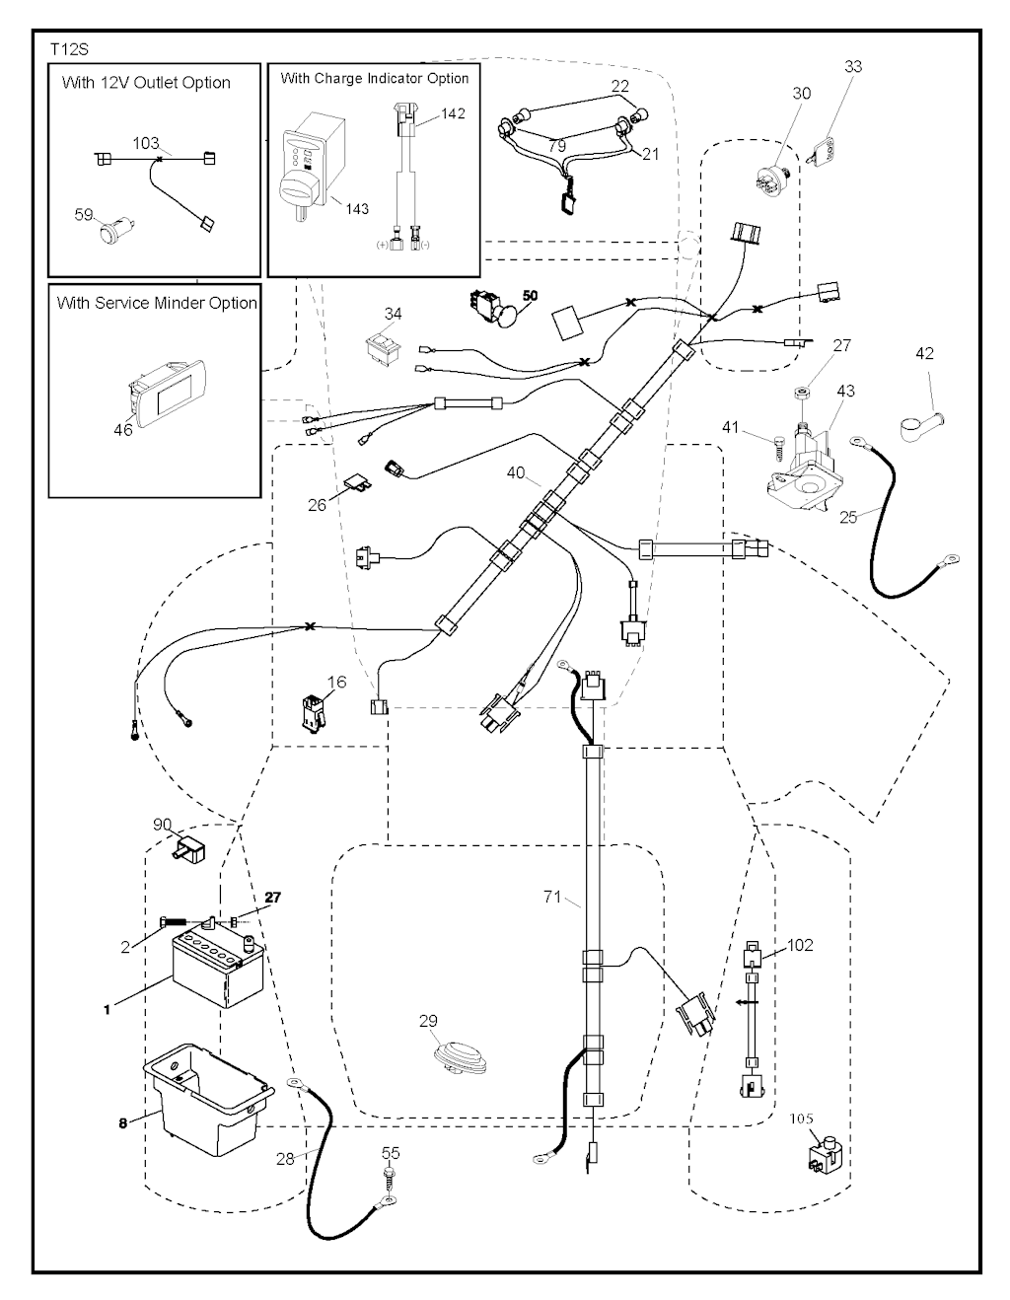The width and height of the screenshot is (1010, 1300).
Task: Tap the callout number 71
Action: pos(552,898)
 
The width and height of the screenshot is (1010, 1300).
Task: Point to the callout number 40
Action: pos(516,472)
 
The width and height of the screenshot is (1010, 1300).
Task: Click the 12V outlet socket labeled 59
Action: pos(111,234)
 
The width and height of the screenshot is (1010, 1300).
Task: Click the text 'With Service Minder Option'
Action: pos(157,303)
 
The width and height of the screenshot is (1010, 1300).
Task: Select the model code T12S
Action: pos(68,48)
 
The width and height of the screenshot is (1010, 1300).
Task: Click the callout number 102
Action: pos(800,945)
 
